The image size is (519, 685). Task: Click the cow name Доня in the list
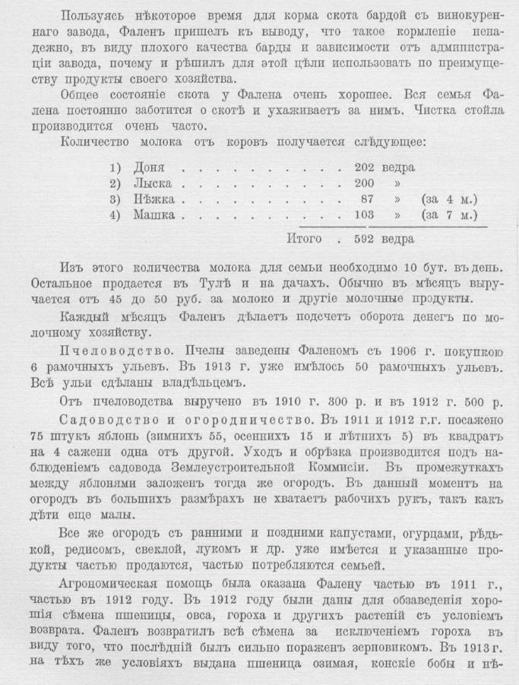click(148, 166)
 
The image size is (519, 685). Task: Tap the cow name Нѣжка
click(153, 199)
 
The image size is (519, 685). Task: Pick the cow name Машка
click(153, 215)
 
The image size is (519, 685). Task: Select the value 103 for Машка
click(367, 215)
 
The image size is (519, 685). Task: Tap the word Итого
click(306, 239)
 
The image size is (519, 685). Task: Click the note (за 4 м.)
click(451, 199)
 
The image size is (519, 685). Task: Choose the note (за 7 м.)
click(451, 215)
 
